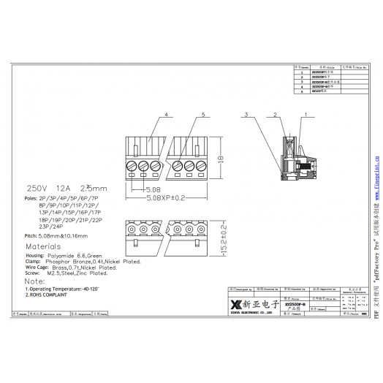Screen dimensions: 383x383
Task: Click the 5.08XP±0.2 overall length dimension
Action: (172, 198)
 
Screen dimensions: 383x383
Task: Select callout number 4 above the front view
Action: (167, 115)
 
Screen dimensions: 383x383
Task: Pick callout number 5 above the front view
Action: (202, 115)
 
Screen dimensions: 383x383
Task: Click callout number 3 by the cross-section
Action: (248, 115)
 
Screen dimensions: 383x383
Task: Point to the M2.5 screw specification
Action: (56, 273)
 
